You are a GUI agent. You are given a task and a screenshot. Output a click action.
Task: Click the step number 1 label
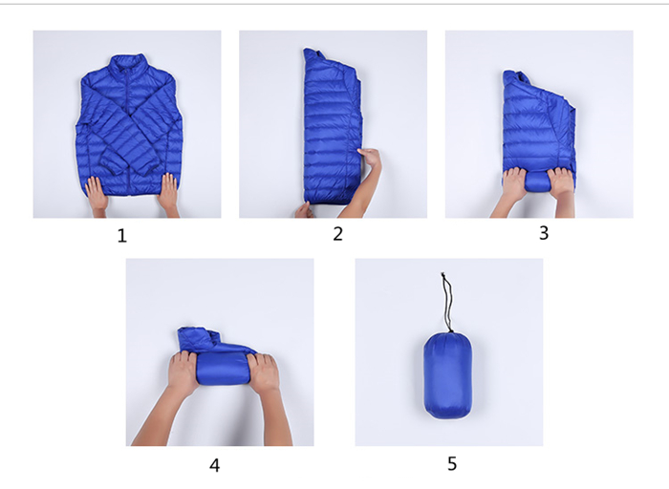pyautogui.click(x=122, y=235)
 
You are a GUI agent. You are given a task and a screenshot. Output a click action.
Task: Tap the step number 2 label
pyautogui.click(x=337, y=234)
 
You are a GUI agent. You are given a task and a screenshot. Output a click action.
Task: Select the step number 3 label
pyautogui.click(x=544, y=233)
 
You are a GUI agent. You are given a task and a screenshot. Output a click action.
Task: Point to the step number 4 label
pyautogui.click(x=215, y=465)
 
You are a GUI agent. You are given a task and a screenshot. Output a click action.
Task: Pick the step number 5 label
pyautogui.click(x=452, y=463)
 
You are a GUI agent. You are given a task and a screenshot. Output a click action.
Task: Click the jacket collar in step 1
pyautogui.click(x=127, y=63)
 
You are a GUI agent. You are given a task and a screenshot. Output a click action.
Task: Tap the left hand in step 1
pyautogui.click(x=97, y=193)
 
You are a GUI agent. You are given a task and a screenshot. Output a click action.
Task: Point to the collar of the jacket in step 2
pyautogui.click(x=313, y=56)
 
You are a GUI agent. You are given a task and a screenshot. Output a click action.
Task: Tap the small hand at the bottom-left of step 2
pyautogui.click(x=303, y=210)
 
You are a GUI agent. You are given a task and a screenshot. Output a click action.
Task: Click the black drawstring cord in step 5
pyautogui.click(x=446, y=302)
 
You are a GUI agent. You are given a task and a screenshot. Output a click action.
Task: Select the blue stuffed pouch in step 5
pyautogui.click(x=448, y=375)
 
